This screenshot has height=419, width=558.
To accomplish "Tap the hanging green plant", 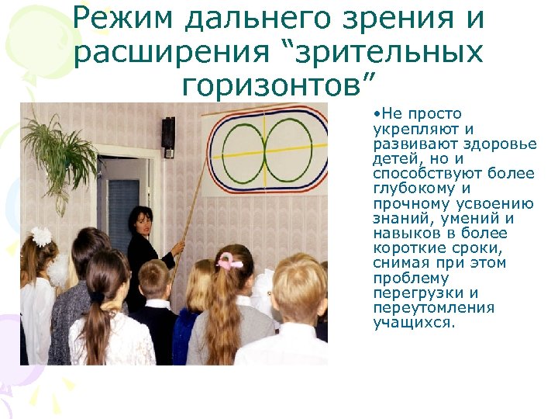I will (58, 147).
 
